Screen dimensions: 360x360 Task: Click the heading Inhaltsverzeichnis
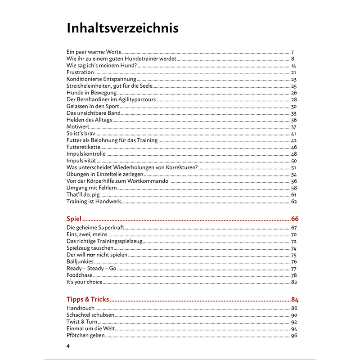122,28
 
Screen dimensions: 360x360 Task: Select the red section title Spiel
74,219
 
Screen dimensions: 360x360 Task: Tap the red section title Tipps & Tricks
88,299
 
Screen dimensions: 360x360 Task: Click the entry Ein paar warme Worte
94,52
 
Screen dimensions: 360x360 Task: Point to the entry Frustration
80,72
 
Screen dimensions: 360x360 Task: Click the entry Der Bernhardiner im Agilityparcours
111,99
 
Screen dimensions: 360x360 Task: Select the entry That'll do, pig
83,194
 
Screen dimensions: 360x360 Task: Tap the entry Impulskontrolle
86,154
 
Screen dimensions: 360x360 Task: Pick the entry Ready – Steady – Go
91,269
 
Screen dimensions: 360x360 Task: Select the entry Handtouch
81,308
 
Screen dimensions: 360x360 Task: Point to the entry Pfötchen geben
85,335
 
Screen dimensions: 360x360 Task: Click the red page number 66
294,219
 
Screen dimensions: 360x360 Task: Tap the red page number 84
294,299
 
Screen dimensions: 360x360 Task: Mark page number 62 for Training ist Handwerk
294,202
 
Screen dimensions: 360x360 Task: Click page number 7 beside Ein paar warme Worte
292,53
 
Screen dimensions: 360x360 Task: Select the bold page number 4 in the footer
68,346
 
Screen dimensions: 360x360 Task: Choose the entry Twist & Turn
82,322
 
